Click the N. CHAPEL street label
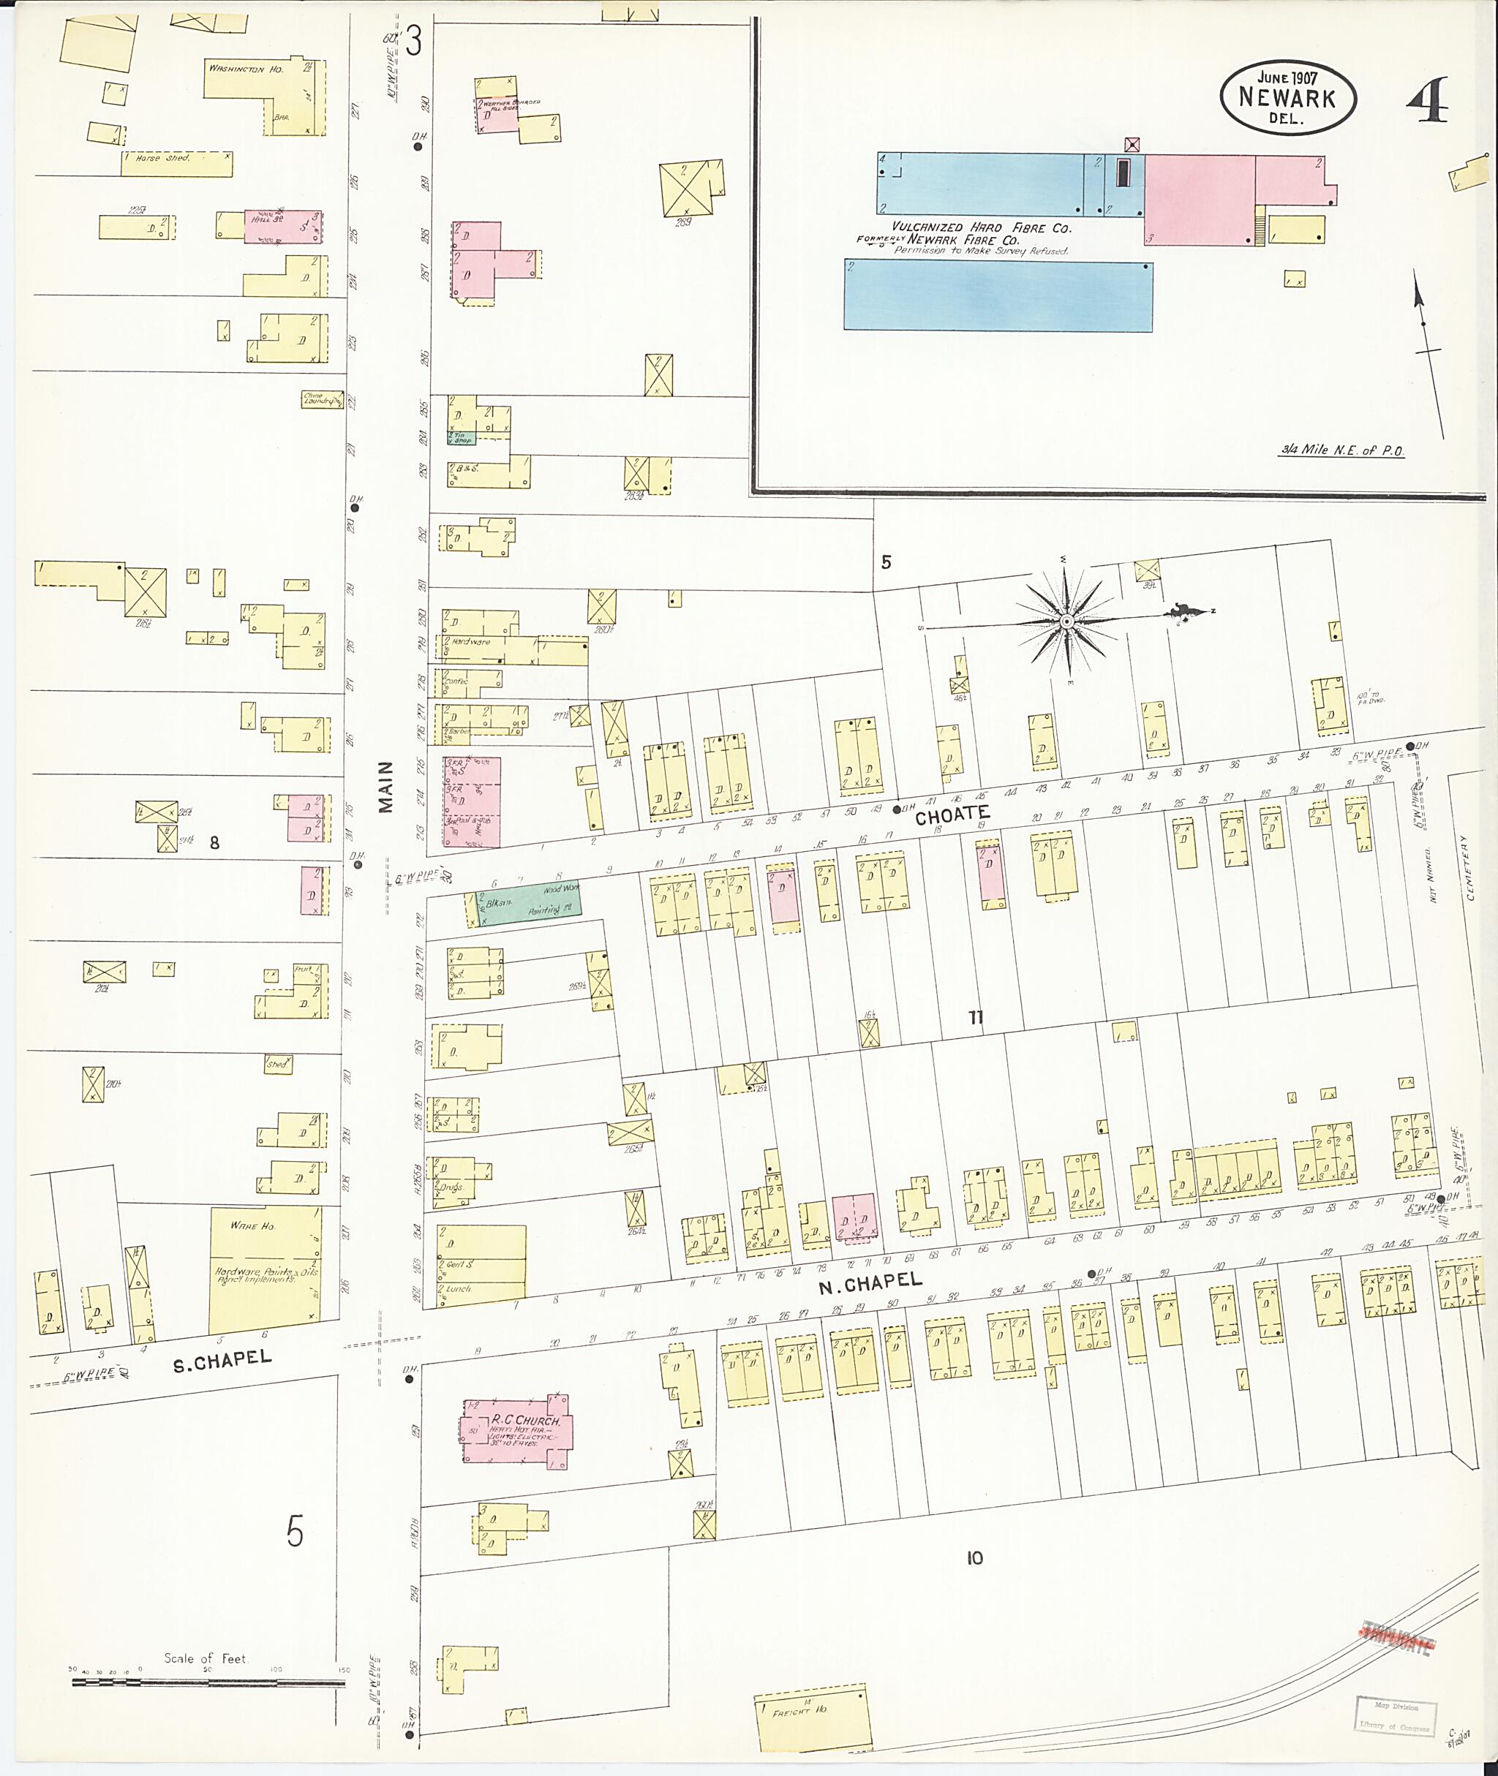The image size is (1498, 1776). [x=870, y=1284]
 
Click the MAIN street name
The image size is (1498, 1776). [x=386, y=787]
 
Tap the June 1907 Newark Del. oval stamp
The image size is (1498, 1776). [x=1287, y=97]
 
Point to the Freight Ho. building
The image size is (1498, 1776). [x=812, y=1717]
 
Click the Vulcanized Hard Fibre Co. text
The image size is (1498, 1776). [x=981, y=228]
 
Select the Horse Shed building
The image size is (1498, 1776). [x=176, y=164]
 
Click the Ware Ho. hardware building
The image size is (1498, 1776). [x=265, y=1269]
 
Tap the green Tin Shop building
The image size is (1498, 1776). [x=462, y=437]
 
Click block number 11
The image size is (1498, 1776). [x=976, y=1017]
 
